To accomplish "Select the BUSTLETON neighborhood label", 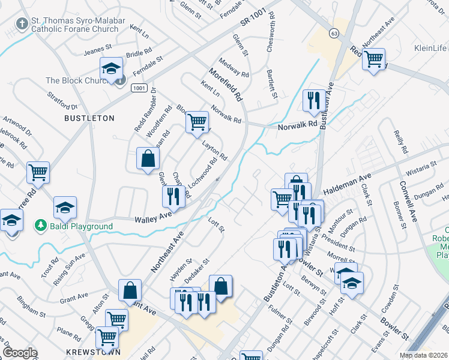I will coord(89,118).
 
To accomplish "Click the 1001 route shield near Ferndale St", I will coord(139,88).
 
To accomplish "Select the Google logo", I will coord(19,353).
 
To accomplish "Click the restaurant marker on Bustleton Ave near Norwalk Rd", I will coord(313,100).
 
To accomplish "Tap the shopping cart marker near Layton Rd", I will coord(197,122).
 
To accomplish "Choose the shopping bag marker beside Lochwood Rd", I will coord(148,159).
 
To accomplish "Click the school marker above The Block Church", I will coord(111,68).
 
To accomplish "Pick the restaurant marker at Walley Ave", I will coord(172,196).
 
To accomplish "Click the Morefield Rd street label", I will coord(226,84).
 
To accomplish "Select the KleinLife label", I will coord(430,48).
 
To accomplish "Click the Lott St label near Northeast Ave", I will coord(215,226).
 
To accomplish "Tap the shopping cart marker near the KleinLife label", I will coord(374,59).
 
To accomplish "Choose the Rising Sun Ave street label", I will coord(69,262).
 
